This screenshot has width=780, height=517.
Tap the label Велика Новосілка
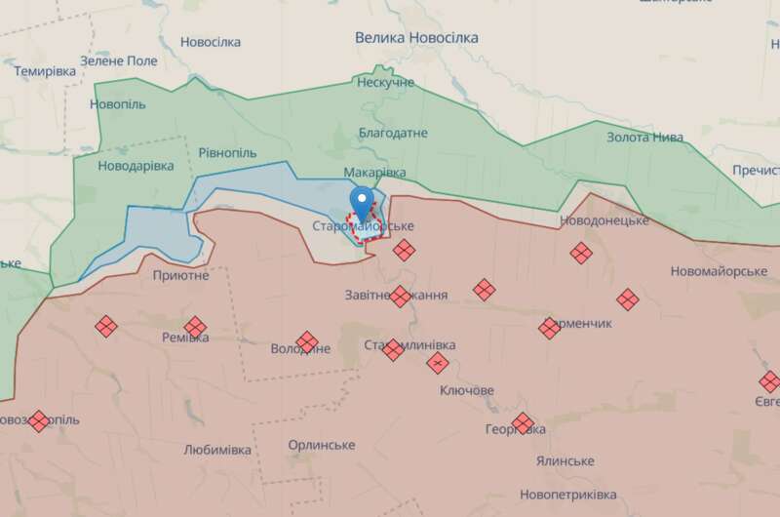pyautogui.click(x=416, y=37)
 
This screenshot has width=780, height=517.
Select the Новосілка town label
pyautogui.click(x=211, y=42)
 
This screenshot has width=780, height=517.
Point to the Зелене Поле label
pyautogui.click(x=118, y=60)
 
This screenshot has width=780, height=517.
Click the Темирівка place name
pyautogui.click(x=46, y=71)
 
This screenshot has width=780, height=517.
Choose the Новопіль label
pyautogui.click(x=117, y=103)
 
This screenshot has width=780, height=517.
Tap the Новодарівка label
pyautogui.click(x=136, y=166)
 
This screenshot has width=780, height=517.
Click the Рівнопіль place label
pyautogui.click(x=227, y=153)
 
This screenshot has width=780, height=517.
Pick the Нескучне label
pyautogui.click(x=386, y=82)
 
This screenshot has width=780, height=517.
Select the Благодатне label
pyautogui.click(x=393, y=133)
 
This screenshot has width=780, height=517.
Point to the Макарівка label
pyautogui.click(x=374, y=172)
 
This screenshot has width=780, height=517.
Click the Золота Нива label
pyautogui.click(x=644, y=137)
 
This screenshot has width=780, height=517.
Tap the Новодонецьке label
pyautogui.click(x=604, y=220)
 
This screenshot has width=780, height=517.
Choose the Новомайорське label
pyautogui.click(x=719, y=270)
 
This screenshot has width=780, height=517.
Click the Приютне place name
pyautogui.click(x=180, y=275)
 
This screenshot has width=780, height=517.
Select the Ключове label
pyautogui.click(x=467, y=390)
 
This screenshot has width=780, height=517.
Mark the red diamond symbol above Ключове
pyautogui.click(x=438, y=363)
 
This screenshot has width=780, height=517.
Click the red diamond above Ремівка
pyautogui.click(x=195, y=327)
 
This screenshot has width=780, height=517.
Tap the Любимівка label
pyautogui.click(x=216, y=450)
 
